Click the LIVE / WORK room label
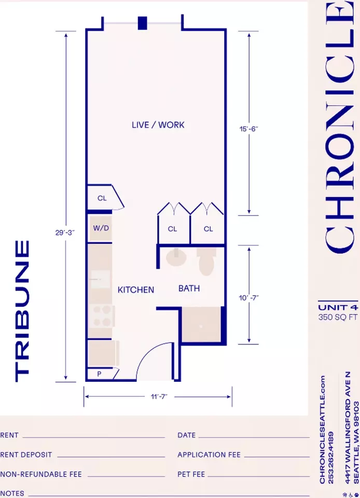[x=158, y=125]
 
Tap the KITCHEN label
[x=136, y=289]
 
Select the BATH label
[x=189, y=288]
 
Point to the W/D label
[x=101, y=228]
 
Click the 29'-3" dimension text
[x=65, y=232]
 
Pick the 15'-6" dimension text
[x=248, y=129]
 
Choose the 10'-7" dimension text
[x=248, y=298]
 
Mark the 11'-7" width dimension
[x=159, y=396]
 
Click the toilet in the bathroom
[x=206, y=261]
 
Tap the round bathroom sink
[x=176, y=258]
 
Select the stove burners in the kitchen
[x=102, y=316]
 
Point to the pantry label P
[x=99, y=374]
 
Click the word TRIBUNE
[x=22, y=311]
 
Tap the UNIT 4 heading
[x=338, y=308]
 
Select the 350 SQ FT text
[x=338, y=317]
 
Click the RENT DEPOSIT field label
[x=26, y=455]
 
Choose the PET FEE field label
[x=191, y=474]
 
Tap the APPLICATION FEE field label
[x=209, y=455]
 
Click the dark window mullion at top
[x=143, y=23]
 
